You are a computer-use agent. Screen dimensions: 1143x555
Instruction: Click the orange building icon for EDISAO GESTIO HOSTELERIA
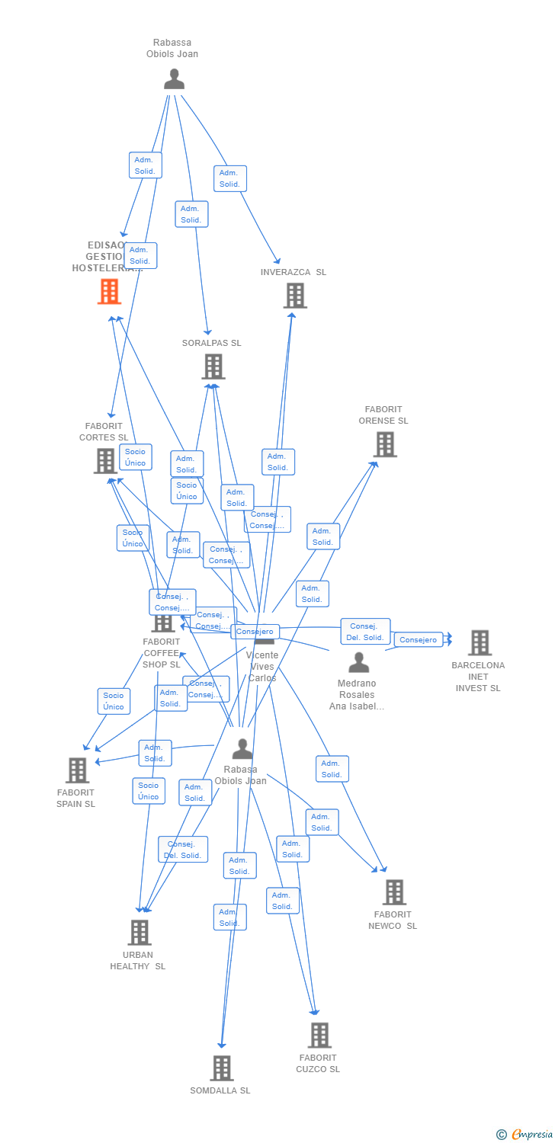tap(110, 291)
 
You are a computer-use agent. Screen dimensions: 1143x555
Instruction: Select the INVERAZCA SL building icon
tap(295, 295)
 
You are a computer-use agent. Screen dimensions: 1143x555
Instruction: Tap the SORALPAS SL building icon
tap(213, 367)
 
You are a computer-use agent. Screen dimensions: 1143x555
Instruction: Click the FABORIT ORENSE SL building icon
tap(385, 444)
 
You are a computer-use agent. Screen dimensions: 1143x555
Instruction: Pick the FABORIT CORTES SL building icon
tap(105, 460)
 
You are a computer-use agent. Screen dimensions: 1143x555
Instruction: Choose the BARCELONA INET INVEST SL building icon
tap(480, 642)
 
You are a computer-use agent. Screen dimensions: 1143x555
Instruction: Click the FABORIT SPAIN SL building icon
tap(77, 770)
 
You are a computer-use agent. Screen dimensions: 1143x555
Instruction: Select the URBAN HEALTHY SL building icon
tap(139, 932)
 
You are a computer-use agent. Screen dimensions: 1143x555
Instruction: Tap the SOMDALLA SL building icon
tap(221, 1068)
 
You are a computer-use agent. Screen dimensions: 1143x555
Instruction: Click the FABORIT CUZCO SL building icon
tap(319, 1035)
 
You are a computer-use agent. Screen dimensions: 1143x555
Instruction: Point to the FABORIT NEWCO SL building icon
tap(393, 892)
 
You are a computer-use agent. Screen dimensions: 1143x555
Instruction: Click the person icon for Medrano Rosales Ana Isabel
tap(358, 662)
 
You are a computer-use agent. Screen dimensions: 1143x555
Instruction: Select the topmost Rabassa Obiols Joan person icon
tap(174, 78)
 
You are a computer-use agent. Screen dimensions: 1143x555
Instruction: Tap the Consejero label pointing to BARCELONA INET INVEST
tap(418, 640)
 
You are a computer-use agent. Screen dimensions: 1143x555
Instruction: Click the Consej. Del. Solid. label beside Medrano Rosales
tap(365, 632)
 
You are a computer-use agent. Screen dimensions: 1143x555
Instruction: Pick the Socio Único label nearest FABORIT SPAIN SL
tap(114, 701)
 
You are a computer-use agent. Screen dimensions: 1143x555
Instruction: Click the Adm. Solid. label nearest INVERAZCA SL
tap(230, 178)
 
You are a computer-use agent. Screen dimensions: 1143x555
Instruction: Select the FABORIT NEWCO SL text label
tap(395, 920)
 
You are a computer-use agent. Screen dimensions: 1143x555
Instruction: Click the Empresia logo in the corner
tap(525, 1135)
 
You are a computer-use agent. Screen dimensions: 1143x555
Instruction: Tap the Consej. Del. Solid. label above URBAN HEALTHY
tap(183, 850)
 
